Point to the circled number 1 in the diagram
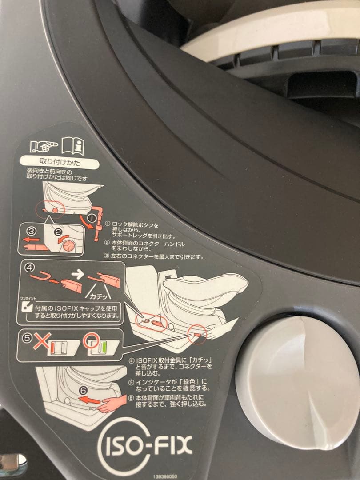(x=91, y=218)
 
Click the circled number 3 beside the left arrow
(x=30, y=231)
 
